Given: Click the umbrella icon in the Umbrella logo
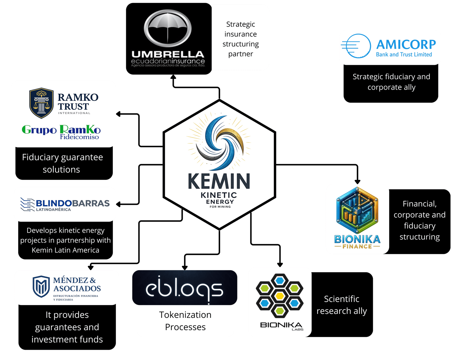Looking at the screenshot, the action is (x=168, y=28).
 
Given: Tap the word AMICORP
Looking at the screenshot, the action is (x=406, y=44).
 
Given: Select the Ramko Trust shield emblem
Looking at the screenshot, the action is (x=41, y=103).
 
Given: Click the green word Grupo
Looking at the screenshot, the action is (x=39, y=130).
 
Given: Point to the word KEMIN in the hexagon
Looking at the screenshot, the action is (x=219, y=181).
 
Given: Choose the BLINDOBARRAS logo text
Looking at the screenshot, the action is (x=73, y=203).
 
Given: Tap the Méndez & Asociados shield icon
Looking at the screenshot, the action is (x=41, y=287).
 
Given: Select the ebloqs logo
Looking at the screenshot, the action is (x=184, y=289).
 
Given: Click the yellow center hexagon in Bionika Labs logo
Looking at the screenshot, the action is (x=280, y=295).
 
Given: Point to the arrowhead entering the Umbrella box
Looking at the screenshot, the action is (x=173, y=77).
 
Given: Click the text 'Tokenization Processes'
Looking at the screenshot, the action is (x=185, y=321).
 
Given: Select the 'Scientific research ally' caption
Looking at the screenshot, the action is (x=341, y=305).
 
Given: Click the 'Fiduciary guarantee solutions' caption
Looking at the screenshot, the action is (x=62, y=163).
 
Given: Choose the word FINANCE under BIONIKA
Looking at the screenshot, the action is (x=357, y=246).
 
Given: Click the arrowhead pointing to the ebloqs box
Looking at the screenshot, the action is (x=185, y=267).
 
